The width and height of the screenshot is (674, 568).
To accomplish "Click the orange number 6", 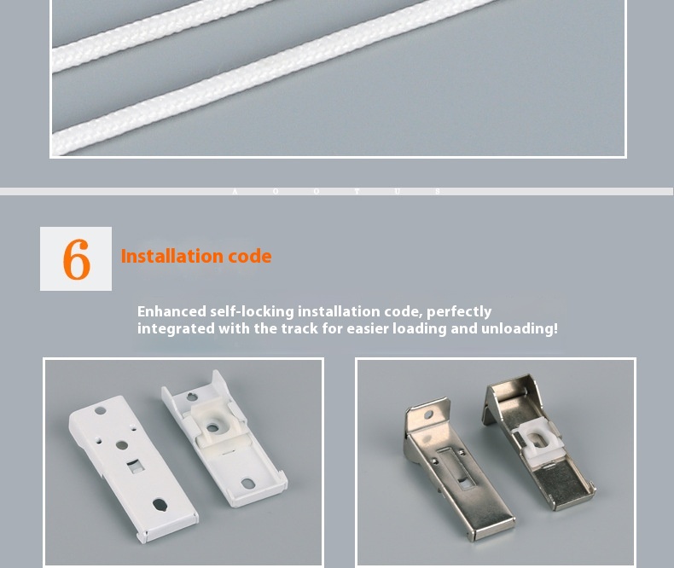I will [76, 259].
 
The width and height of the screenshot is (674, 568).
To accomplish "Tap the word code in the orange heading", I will [249, 257].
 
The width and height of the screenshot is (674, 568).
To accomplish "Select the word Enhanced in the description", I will [171, 312].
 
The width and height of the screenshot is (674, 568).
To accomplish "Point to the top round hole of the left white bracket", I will [100, 411].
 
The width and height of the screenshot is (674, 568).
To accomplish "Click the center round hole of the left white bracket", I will [122, 445].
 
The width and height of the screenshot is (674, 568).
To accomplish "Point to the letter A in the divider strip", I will [235, 192].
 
